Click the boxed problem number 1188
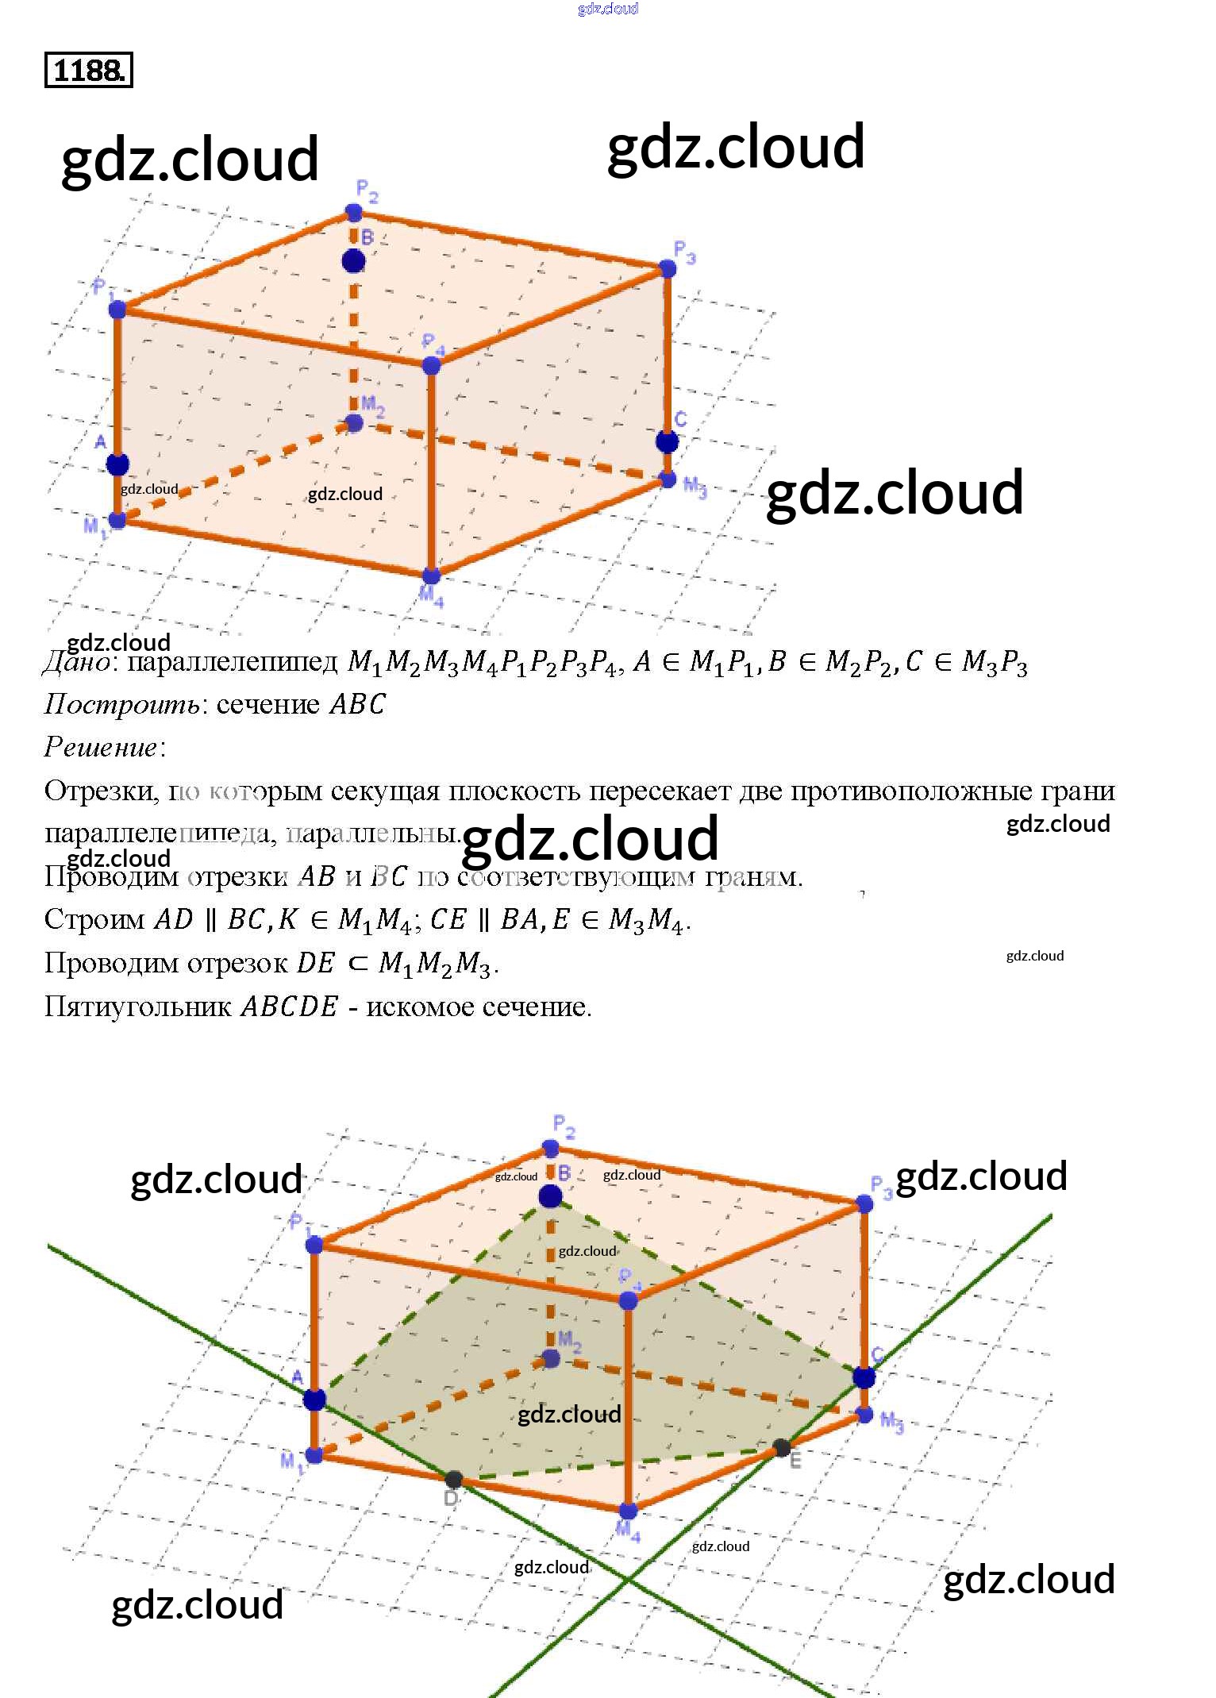[88, 71]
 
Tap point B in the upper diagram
[353, 260]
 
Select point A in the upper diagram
[117, 464]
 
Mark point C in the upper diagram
[668, 441]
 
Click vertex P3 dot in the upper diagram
[668, 268]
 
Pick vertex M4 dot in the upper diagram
[430, 576]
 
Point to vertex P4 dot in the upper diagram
[431, 366]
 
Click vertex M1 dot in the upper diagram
[117, 521]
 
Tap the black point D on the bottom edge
[453, 1480]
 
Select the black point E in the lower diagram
[782, 1448]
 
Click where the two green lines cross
[627, 1581]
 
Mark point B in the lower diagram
[550, 1196]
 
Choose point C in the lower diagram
[864, 1377]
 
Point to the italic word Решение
[101, 748]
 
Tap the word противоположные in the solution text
[898, 791]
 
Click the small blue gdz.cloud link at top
[608, 9]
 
